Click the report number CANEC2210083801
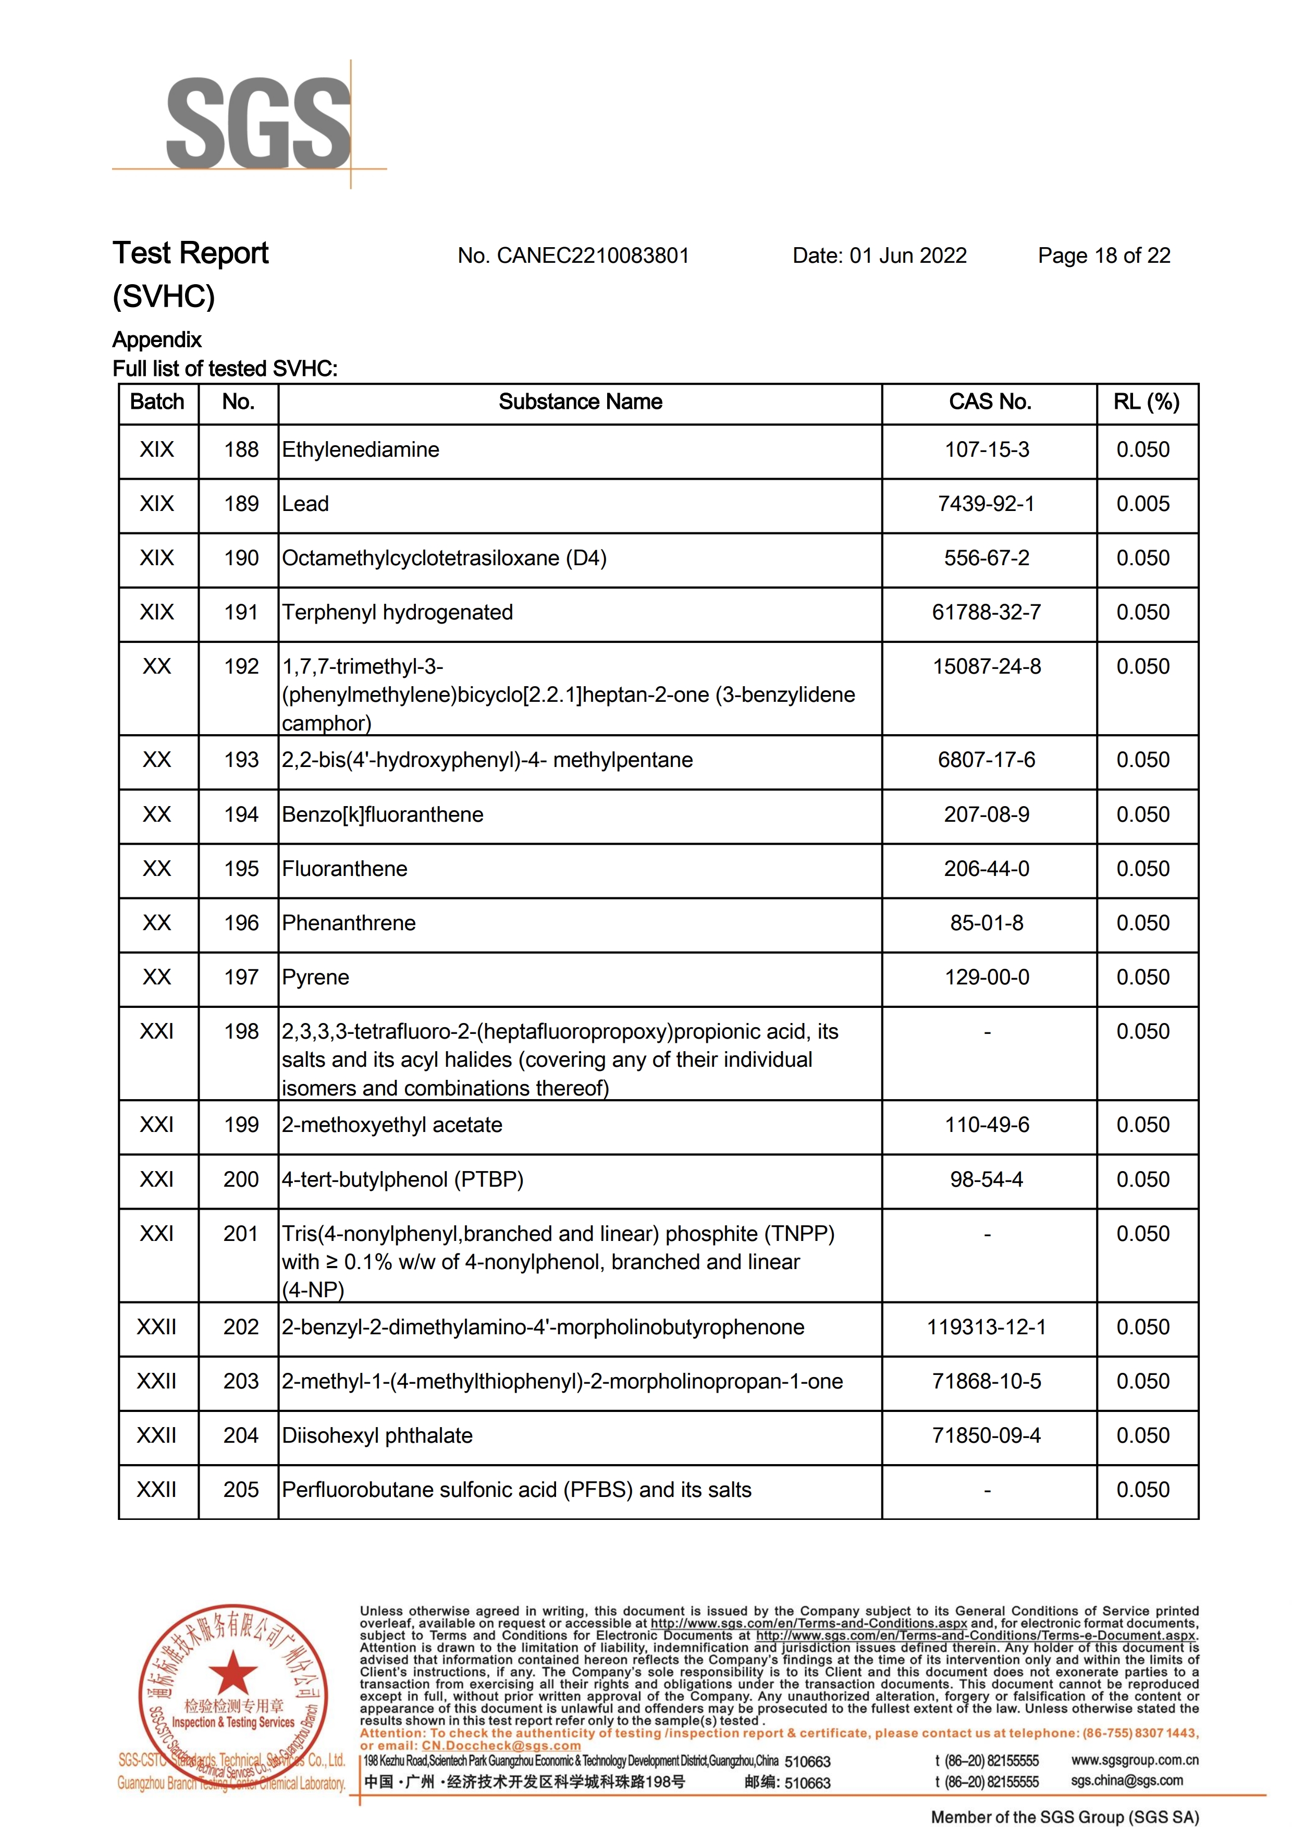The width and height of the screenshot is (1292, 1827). pyautogui.click(x=573, y=255)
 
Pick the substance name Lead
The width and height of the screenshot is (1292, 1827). pyautogui.click(x=305, y=504)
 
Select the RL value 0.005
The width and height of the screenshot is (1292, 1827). pyautogui.click(x=1142, y=504)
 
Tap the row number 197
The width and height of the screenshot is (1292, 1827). pyautogui.click(x=241, y=977)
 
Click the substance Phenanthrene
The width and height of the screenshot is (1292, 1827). pyautogui.click(x=349, y=923)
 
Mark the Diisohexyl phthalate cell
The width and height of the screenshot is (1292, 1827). pyautogui.click(x=377, y=1435)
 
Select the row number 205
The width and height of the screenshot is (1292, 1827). pyautogui.click(x=241, y=1490)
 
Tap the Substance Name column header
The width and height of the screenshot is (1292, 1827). pyautogui.click(x=580, y=402)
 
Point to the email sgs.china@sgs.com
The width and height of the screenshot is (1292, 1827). pyautogui.click(x=1126, y=1781)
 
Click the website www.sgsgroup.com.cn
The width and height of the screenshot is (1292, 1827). pyautogui.click(x=1134, y=1760)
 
